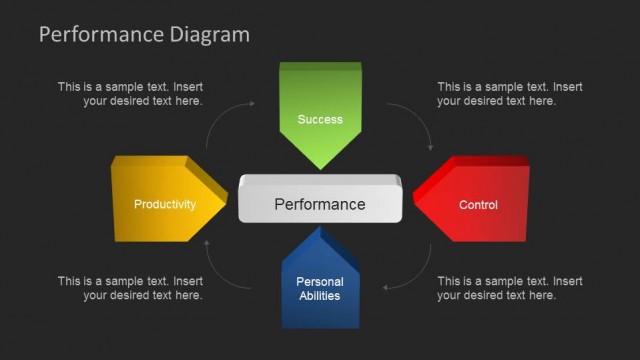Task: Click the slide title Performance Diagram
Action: (x=144, y=35)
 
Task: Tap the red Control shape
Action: (x=474, y=205)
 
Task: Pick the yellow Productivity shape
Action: (x=160, y=199)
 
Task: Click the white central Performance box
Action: (x=320, y=203)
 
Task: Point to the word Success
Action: (x=320, y=120)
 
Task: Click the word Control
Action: (x=478, y=205)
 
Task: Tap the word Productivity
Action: (x=165, y=205)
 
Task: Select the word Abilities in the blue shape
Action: (x=320, y=296)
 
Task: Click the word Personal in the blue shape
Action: (x=320, y=282)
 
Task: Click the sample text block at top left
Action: (x=130, y=94)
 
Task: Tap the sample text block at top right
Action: (x=509, y=94)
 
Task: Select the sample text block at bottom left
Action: (x=130, y=288)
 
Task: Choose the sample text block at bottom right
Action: (x=509, y=288)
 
